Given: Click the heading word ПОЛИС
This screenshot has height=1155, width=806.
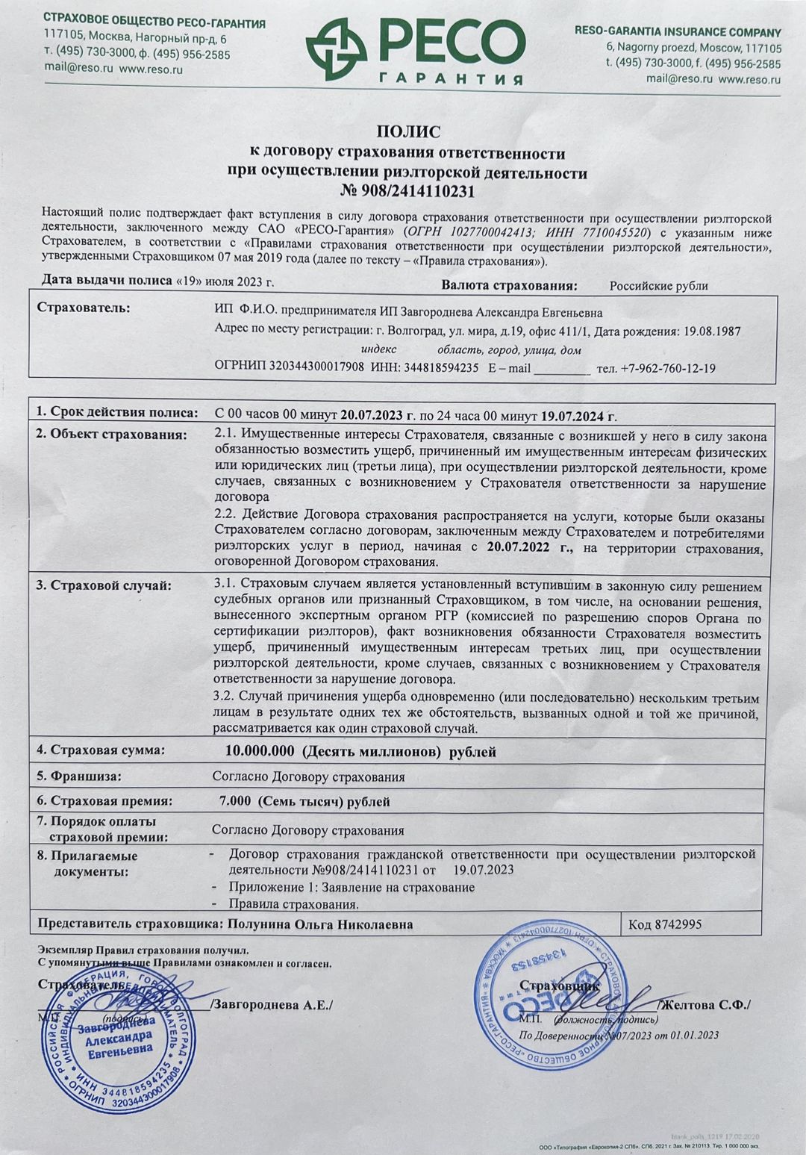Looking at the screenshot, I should pyautogui.click(x=407, y=133).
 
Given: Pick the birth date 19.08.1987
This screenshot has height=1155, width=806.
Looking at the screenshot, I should pyautogui.click(x=710, y=331).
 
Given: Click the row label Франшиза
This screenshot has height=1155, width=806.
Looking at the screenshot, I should pyautogui.click(x=85, y=776).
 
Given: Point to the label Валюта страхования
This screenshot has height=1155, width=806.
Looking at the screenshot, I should pyautogui.click(x=510, y=285).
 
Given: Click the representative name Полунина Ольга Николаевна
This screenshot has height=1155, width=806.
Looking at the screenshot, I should pyautogui.click(x=319, y=924).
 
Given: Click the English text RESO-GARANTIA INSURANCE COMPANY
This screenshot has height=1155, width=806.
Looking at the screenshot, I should pyautogui.click(x=678, y=32).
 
